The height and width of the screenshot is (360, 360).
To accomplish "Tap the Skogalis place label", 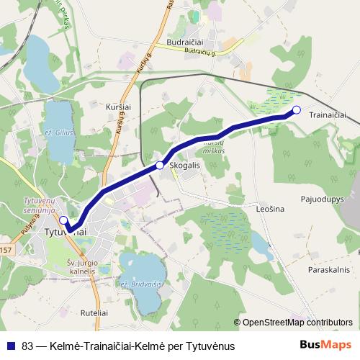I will pyautogui.click(x=186, y=165).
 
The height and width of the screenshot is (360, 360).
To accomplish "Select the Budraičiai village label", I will pyautogui.click(x=186, y=42).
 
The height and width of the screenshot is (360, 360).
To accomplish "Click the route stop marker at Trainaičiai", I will pyautogui.click(x=297, y=109).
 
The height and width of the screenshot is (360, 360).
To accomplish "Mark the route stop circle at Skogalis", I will pyautogui.click(x=160, y=166).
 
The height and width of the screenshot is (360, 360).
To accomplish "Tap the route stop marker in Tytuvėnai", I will pyautogui.click(x=63, y=220).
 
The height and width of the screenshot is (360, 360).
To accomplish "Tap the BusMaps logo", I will pyautogui.click(x=330, y=345).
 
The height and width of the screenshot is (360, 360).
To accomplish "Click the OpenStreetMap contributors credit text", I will pyautogui.click(x=297, y=323).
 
